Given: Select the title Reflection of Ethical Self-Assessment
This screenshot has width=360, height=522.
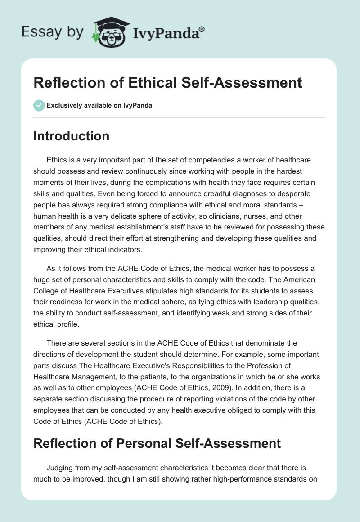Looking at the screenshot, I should tap(167, 83).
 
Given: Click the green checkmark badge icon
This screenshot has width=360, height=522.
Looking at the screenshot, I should tap(39, 105).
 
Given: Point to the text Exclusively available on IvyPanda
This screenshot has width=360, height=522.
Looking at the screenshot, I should tap(99, 105).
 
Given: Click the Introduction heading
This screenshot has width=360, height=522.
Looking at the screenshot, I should tap(71, 136).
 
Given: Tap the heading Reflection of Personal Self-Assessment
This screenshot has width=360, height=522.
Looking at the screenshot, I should tap(157, 443).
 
